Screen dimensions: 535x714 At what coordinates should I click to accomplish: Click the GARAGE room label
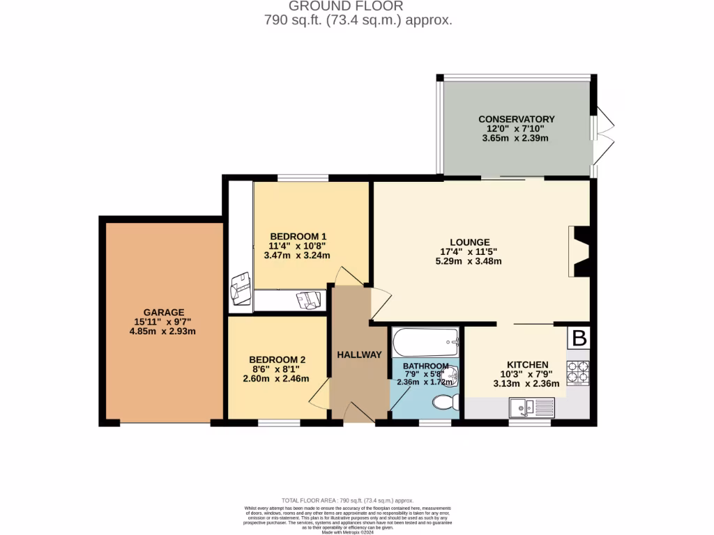tap(164, 312)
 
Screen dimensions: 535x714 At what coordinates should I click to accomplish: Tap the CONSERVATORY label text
tap(516, 119)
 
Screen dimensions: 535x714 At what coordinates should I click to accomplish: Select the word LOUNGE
tap(469, 242)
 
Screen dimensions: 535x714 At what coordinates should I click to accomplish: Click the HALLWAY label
tap(360, 355)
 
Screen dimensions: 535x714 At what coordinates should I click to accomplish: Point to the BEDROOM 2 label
tap(278, 359)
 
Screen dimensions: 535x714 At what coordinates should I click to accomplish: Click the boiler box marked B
tap(579, 338)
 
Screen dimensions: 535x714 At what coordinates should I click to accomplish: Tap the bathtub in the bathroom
tap(425, 343)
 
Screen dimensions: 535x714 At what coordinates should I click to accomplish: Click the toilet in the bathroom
tap(443, 402)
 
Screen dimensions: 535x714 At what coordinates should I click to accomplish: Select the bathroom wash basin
tap(450, 375)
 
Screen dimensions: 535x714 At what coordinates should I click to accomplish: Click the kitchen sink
tap(531, 406)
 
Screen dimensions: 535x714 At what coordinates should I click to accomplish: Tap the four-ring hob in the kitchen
tap(578, 373)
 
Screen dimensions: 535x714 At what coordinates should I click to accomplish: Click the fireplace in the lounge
tap(579, 251)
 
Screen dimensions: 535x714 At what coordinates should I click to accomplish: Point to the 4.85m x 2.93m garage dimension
tap(162, 331)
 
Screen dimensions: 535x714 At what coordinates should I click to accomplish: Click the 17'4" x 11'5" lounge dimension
tap(469, 251)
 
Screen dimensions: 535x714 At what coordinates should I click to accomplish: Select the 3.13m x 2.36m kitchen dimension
tap(526, 383)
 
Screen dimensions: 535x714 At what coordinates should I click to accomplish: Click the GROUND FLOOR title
tap(358, 6)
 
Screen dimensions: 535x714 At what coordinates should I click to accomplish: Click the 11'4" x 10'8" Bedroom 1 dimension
tap(298, 246)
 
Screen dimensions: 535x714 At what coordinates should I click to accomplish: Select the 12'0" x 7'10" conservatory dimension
tap(516, 129)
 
